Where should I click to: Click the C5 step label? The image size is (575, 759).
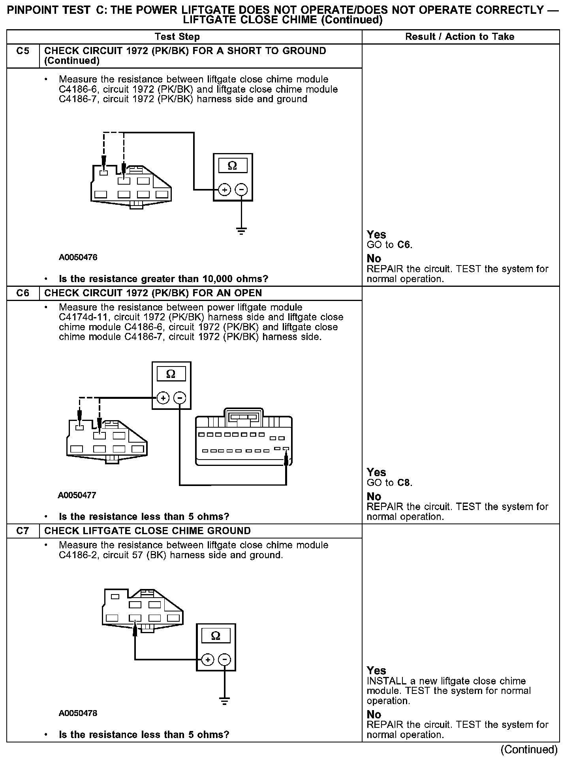[x=23, y=51]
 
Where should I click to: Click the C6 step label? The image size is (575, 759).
[x=23, y=293]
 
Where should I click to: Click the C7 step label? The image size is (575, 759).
[x=23, y=531]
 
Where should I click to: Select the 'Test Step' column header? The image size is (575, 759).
[x=177, y=37]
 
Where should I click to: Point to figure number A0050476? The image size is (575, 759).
[x=78, y=258]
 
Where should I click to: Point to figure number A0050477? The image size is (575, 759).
[x=77, y=495]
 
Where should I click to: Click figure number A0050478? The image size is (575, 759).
[x=78, y=713]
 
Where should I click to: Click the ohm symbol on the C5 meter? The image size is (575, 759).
[x=233, y=166]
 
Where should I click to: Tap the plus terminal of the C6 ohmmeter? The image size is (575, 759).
[x=163, y=398]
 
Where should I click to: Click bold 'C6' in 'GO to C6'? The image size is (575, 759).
[x=404, y=245]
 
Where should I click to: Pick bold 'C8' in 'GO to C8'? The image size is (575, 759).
[x=404, y=483]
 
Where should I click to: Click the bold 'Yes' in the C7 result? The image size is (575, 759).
[x=376, y=671]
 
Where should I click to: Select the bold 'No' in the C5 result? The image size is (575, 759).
[x=374, y=259]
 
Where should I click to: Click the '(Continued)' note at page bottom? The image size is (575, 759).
[x=529, y=749]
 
